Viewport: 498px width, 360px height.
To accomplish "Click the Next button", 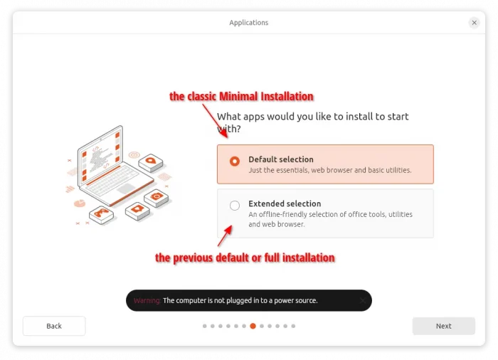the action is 443,326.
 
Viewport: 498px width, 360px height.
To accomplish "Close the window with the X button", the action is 475,23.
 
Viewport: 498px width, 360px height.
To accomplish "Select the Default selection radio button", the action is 235,162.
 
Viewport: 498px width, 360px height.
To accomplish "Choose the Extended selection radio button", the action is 235,206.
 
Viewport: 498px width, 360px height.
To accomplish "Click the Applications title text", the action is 249,23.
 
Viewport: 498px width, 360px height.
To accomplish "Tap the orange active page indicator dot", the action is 253,326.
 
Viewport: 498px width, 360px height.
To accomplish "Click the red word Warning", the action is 147,300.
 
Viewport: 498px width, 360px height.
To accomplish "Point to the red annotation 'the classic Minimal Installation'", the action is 241,96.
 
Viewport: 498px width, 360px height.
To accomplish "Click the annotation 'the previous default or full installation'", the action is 245,258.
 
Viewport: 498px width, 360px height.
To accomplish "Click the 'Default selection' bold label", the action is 281,159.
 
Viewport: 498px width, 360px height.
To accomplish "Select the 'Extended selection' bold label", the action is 285,203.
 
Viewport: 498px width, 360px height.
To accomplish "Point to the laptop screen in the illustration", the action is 100,154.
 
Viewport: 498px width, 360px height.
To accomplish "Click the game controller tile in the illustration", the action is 101,214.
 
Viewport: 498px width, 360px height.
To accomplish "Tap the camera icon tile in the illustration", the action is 157,198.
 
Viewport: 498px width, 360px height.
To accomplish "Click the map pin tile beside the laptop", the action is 151,162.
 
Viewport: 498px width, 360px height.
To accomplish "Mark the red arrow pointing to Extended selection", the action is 225,235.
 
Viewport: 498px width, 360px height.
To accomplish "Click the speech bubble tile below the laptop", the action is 137,211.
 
